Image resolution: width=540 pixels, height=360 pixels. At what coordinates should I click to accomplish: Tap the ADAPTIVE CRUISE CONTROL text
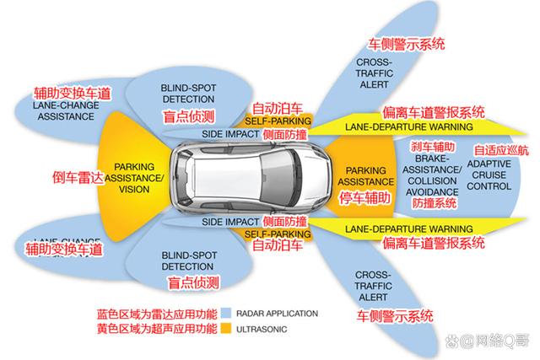(x=489, y=174)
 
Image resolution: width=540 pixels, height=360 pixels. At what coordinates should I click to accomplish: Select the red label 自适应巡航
(x=500, y=150)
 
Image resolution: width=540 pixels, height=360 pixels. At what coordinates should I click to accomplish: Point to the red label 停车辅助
(x=364, y=199)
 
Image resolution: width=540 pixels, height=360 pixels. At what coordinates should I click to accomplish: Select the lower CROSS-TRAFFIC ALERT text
(x=373, y=287)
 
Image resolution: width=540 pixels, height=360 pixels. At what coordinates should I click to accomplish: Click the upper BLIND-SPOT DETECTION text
(x=189, y=93)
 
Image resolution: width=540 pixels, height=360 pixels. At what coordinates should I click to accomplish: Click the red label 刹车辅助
(x=433, y=147)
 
